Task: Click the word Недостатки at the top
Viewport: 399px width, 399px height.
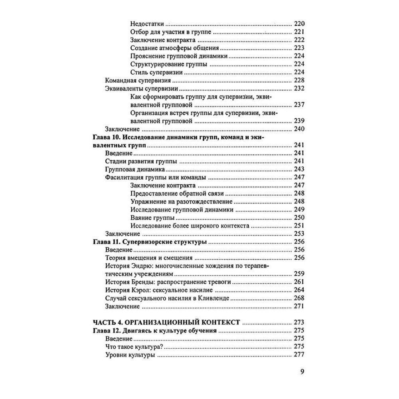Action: [x=148, y=24]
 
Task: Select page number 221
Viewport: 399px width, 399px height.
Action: [x=299, y=32]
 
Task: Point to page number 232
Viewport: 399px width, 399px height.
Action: [x=299, y=88]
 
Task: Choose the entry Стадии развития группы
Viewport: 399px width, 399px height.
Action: [x=141, y=162]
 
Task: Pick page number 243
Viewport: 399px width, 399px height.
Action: [x=299, y=170]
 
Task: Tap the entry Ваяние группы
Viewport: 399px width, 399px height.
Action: [x=149, y=217]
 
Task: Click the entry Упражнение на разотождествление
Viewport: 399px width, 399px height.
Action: [x=182, y=201]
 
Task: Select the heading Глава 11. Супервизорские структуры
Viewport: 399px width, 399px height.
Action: [x=150, y=242]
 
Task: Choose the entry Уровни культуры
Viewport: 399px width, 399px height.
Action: [x=130, y=355]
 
